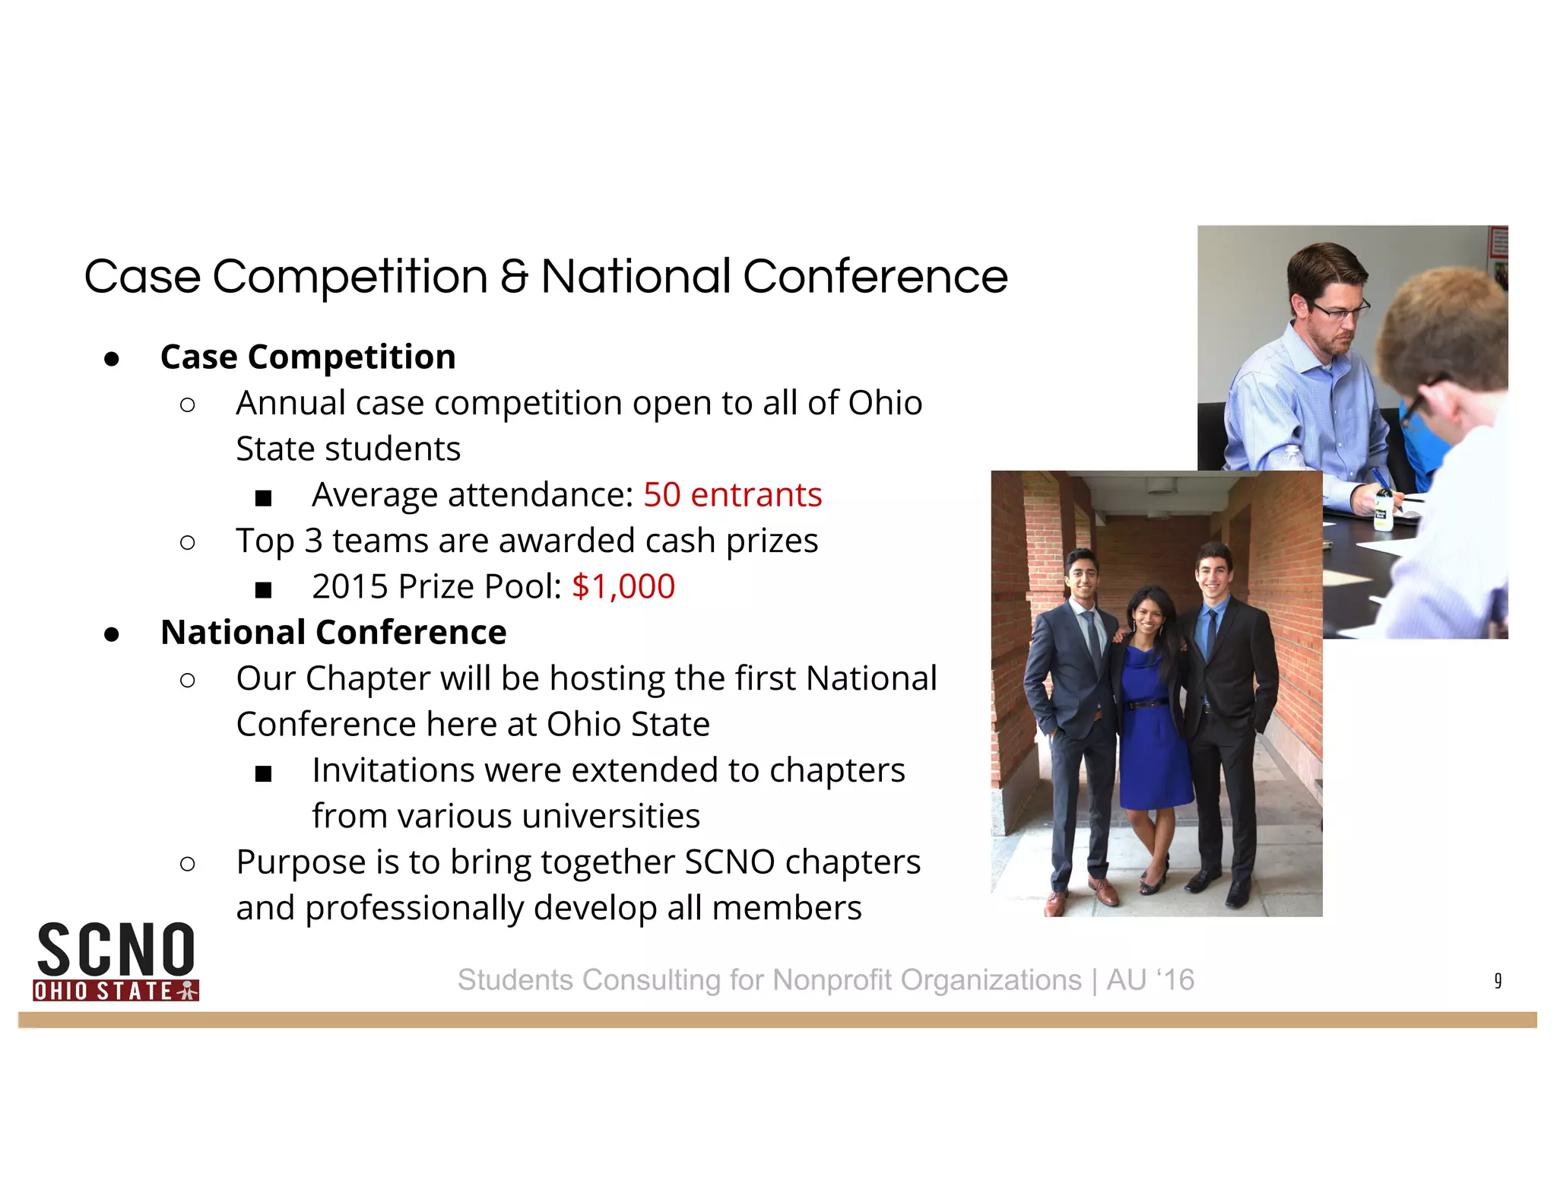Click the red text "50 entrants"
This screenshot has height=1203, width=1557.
732,495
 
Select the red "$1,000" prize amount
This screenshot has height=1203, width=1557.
623,587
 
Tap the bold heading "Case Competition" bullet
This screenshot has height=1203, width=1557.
308,357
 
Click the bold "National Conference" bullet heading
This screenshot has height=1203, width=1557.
333,633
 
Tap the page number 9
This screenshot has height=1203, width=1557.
1498,980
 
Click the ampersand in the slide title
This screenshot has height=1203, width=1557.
514,276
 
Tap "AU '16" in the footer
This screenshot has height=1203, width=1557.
1150,980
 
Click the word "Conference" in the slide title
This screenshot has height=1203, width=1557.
875,276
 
